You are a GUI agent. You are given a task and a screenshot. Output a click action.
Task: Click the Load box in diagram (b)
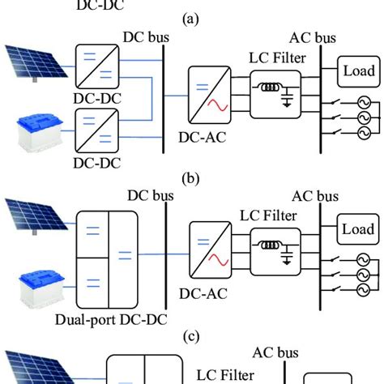[x=354, y=228]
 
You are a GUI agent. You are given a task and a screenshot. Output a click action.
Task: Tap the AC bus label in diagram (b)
[x=314, y=197]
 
